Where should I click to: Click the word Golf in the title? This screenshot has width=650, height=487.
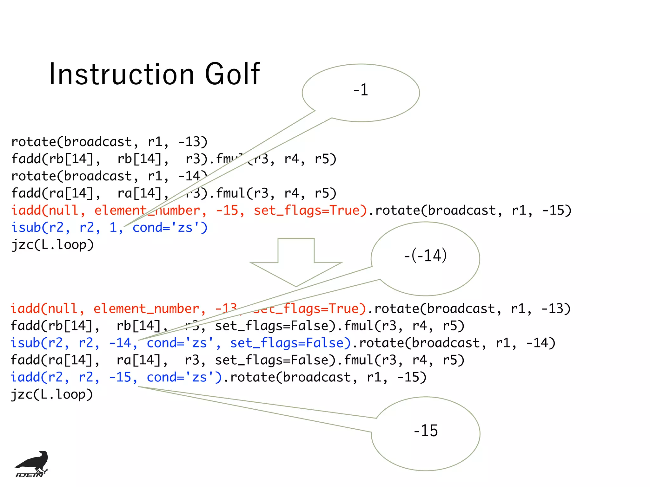pos(232,74)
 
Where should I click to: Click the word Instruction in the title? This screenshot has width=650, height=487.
pos(122,74)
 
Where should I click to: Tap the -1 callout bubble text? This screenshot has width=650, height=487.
pos(361,90)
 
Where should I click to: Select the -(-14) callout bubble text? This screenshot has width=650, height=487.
pos(425,256)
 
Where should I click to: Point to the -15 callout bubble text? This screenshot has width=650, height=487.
pos(426,431)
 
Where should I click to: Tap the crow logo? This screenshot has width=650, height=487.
pos(32,464)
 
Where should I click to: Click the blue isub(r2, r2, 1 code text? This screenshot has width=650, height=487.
pos(63,228)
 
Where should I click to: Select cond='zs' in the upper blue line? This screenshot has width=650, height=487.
pos(169,228)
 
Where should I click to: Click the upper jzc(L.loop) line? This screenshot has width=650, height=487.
pos(53,245)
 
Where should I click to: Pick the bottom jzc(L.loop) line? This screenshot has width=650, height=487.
pos(52,394)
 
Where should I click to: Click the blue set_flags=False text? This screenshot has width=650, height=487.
pos(290,343)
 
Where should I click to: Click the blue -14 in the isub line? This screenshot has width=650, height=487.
pos(120,343)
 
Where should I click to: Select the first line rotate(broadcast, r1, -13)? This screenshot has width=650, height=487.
pos(109,142)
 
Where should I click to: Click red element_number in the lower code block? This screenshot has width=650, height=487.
pos(146,309)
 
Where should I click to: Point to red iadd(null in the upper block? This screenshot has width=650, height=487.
pos(44,211)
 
